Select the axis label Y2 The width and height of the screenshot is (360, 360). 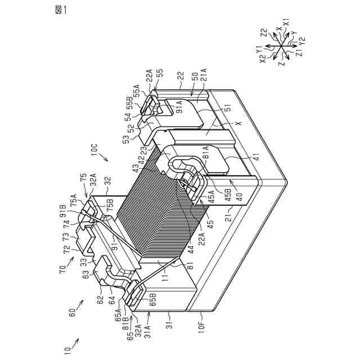pos(303,40)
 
